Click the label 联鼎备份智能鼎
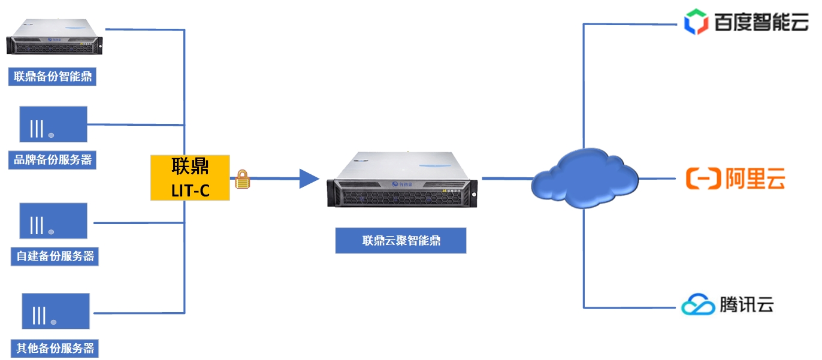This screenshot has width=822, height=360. tap(52, 77)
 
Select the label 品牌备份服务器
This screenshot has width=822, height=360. tap(52, 160)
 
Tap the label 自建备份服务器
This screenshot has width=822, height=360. tap(55, 256)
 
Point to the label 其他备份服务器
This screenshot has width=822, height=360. tap(55, 348)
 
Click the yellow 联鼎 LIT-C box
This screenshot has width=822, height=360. tap(190, 177)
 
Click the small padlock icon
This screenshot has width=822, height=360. tap(242, 179)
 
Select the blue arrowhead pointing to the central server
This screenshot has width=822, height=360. tap(309, 178)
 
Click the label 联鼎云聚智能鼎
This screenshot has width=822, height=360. tap(401, 241)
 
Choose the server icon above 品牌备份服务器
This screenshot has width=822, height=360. tap(53, 124)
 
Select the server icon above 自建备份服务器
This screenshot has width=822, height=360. tap(53, 220)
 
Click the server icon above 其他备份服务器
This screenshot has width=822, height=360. tap(56, 311)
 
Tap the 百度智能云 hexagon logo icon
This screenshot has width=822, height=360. tap(696, 22)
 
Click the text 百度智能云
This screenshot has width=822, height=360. tap(761, 23)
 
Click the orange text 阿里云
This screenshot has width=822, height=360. tap(755, 179)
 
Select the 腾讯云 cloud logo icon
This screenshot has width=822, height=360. tap(698, 304)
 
